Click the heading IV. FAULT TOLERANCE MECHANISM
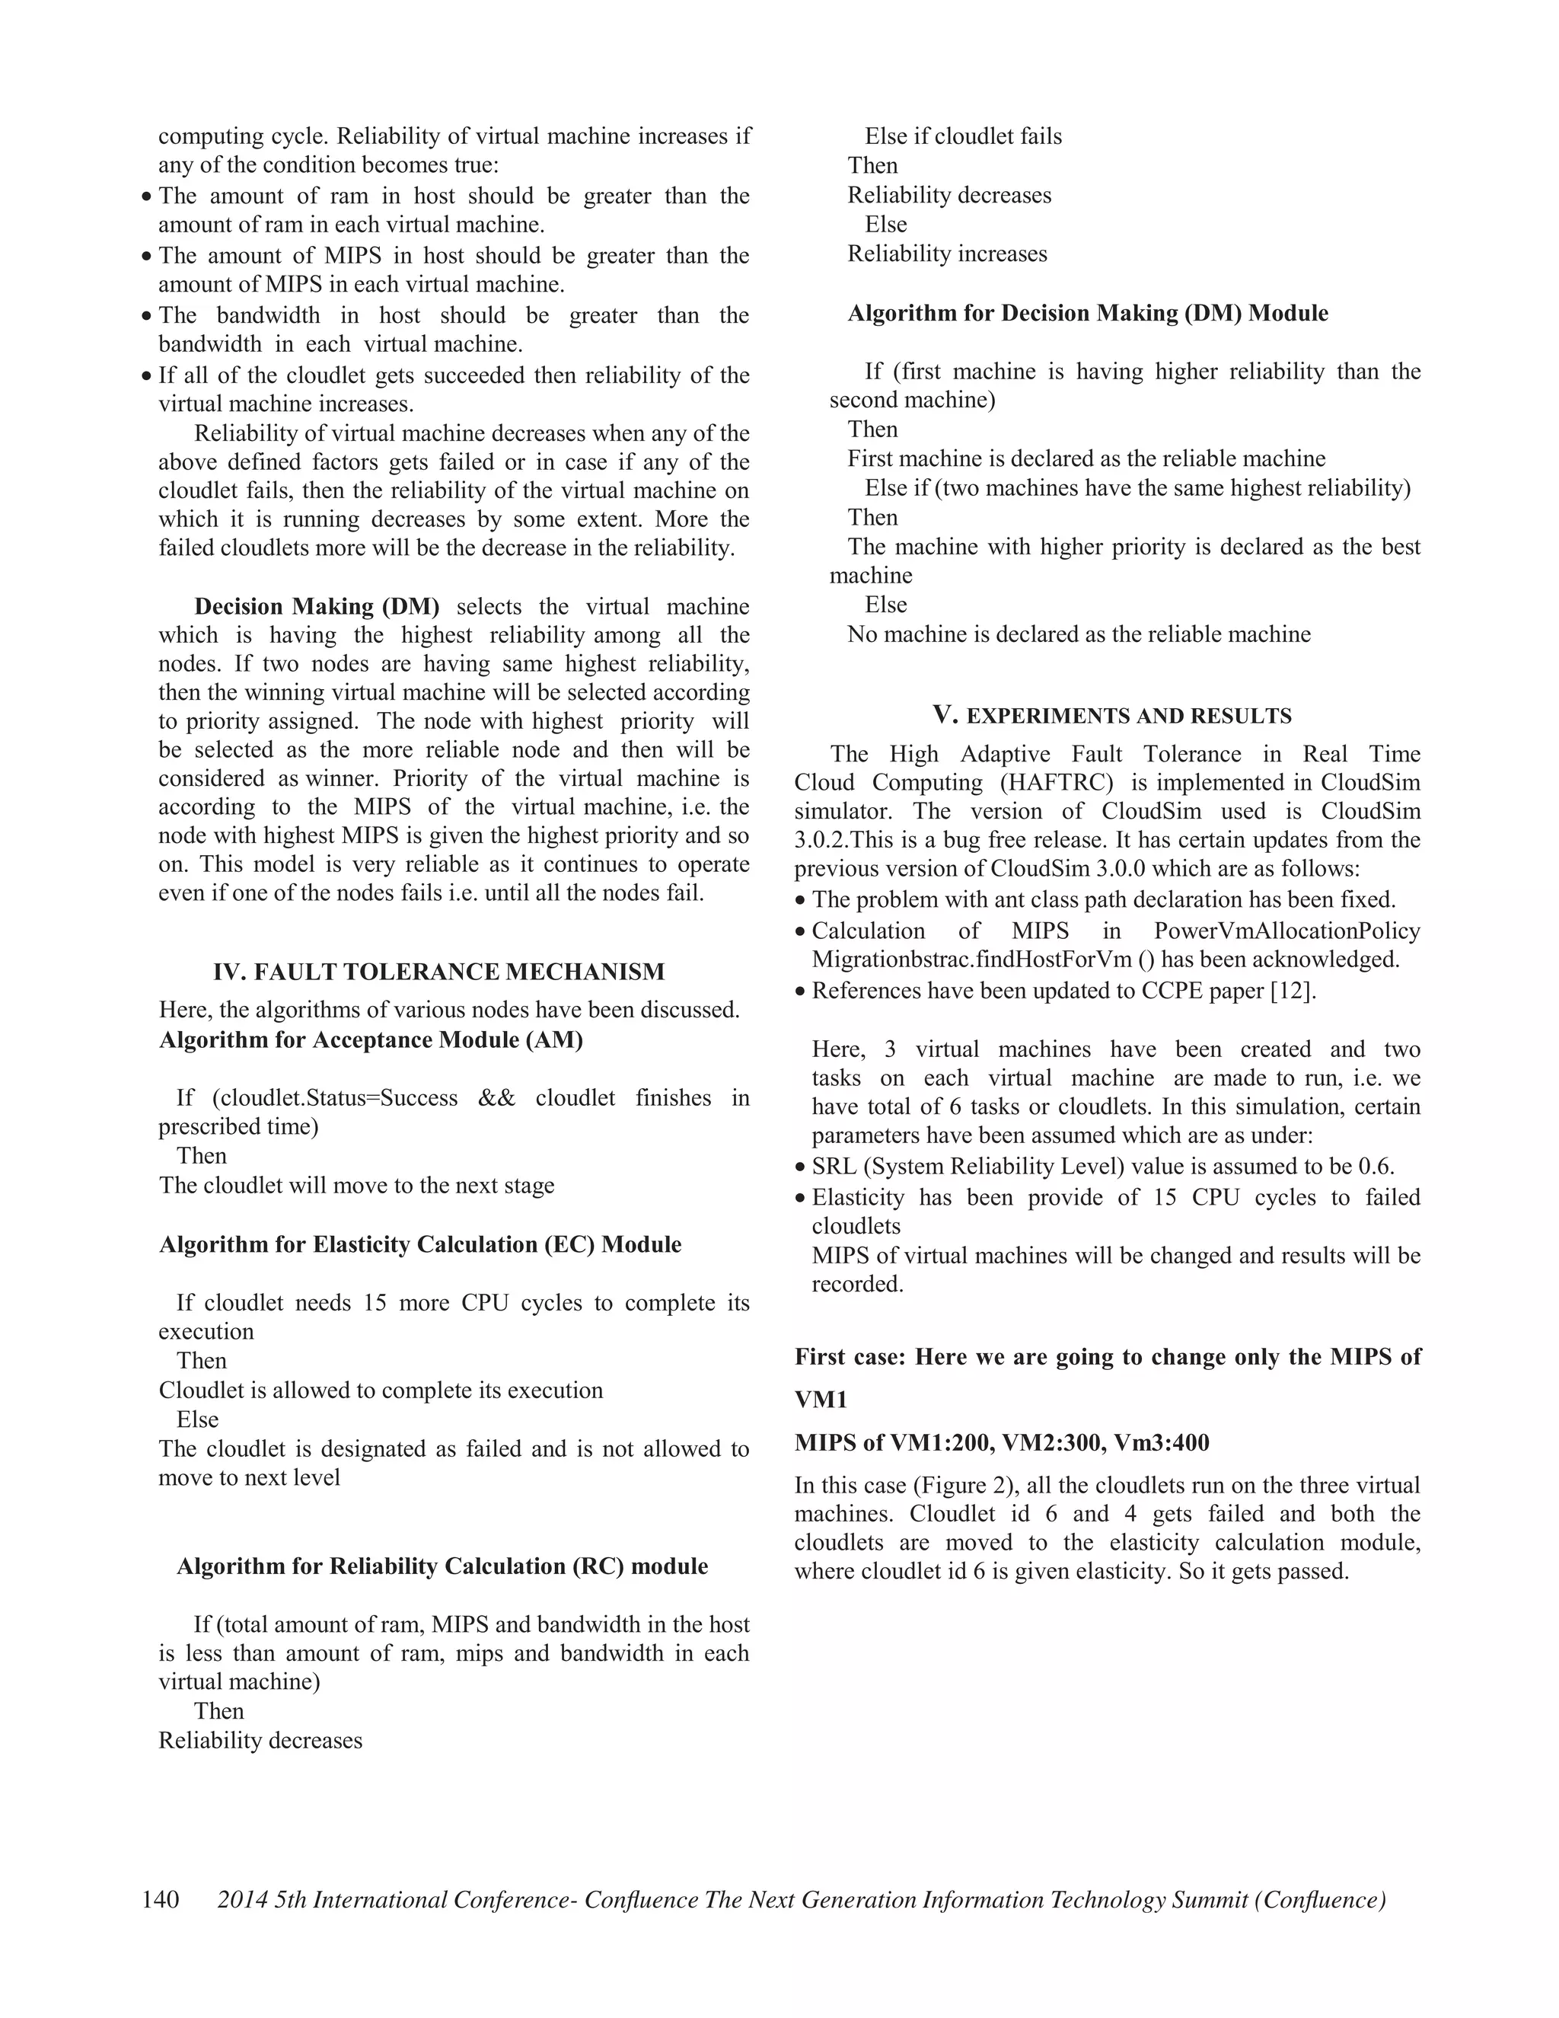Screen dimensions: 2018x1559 click(x=438, y=972)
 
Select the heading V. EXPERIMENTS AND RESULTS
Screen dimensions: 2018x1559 click(x=1112, y=715)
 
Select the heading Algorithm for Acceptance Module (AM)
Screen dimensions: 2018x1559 click(x=371, y=1039)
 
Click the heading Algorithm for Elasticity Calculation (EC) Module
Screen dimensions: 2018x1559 click(x=420, y=1244)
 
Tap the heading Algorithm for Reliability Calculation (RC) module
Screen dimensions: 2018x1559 click(x=442, y=1566)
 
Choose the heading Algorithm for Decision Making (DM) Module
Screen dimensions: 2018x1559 click(x=1088, y=313)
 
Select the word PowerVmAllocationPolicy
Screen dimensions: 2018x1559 click(x=1286, y=931)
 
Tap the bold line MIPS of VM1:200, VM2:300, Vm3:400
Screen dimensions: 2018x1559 click(x=1002, y=1442)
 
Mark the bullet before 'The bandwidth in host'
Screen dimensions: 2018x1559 click(x=147, y=317)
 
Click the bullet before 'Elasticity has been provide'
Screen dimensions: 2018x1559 click(x=801, y=1199)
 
